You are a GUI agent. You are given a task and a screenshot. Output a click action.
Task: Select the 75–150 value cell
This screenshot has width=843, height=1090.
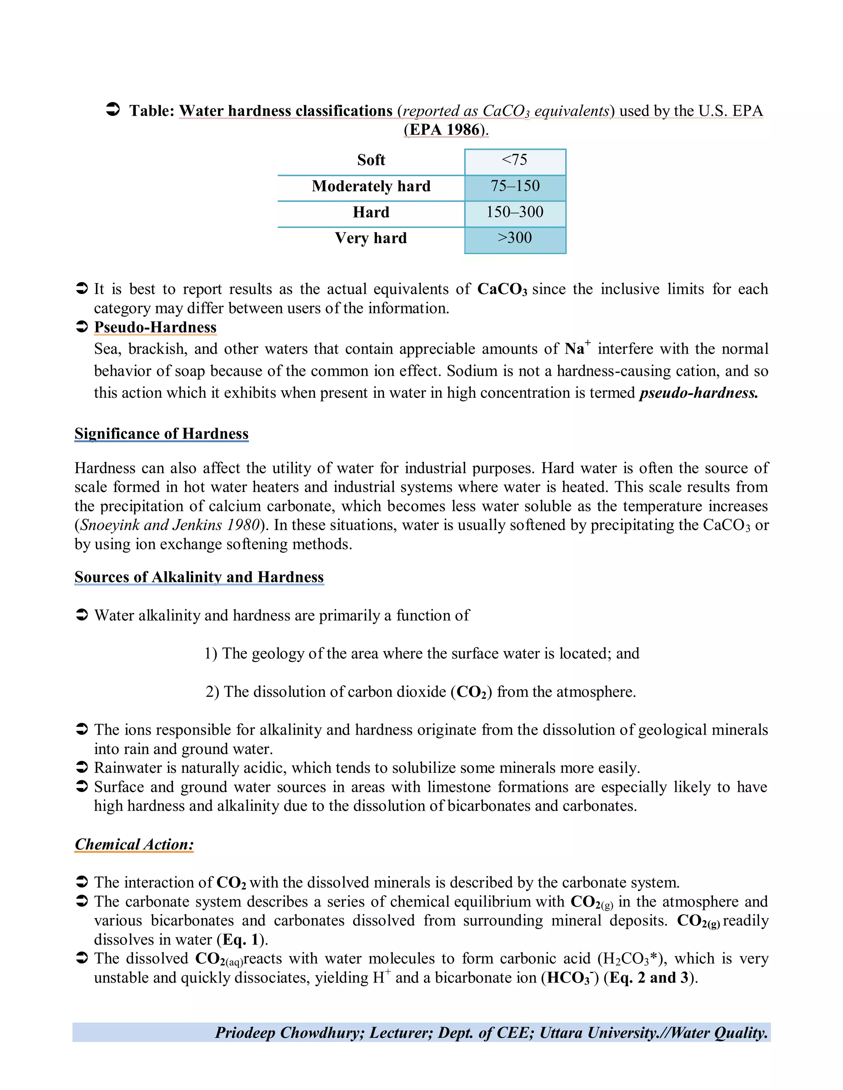pos(515,187)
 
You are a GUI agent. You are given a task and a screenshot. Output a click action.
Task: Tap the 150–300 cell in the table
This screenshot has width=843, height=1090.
pos(515,213)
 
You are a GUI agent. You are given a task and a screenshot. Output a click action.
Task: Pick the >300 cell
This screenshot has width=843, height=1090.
pos(515,239)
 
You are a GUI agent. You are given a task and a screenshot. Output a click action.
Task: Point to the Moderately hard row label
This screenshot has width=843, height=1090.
pos(371,187)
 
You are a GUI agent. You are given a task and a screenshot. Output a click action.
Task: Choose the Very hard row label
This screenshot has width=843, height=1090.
pos(371,239)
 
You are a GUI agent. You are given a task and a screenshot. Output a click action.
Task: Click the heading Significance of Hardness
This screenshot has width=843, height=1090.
pos(161,434)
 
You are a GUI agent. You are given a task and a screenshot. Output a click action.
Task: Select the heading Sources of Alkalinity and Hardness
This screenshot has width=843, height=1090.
pos(199,577)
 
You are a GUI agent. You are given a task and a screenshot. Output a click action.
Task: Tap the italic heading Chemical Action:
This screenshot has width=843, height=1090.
pos(134,844)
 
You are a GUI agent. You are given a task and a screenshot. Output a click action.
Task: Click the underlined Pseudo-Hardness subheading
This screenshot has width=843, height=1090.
pos(155,327)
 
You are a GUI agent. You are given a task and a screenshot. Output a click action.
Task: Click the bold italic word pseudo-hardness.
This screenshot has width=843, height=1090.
pos(698,393)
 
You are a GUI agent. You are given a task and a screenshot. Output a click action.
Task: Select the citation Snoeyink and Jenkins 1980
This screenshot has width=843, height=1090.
pos(170,525)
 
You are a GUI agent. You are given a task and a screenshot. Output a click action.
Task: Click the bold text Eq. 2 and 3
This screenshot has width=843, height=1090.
pos(649,978)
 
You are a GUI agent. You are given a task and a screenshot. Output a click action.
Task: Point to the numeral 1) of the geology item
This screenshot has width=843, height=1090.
pos(210,654)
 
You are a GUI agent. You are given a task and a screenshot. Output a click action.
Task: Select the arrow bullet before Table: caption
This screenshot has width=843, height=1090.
pos(113,110)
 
